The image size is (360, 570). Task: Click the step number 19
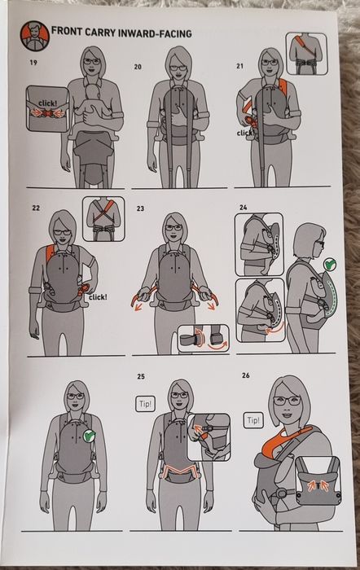point(33,63)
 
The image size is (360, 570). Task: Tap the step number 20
point(138,67)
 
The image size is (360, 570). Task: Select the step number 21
point(239,66)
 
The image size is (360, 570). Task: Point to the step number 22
point(36,208)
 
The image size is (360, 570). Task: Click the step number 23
point(140,208)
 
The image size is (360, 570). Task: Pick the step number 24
point(244,207)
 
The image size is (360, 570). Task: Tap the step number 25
point(141,376)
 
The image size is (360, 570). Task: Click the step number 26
point(246,375)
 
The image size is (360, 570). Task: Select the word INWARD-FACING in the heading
point(156,33)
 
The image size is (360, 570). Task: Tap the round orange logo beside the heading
point(34,36)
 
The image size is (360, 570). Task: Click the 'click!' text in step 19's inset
point(47,103)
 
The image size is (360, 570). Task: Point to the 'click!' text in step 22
point(99,297)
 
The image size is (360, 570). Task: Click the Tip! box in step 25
point(146,404)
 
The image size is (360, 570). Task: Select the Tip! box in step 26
point(253,420)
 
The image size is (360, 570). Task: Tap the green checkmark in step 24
point(330,264)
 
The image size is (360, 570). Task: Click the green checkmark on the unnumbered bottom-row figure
point(90,436)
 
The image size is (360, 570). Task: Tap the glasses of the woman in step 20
point(178,68)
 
